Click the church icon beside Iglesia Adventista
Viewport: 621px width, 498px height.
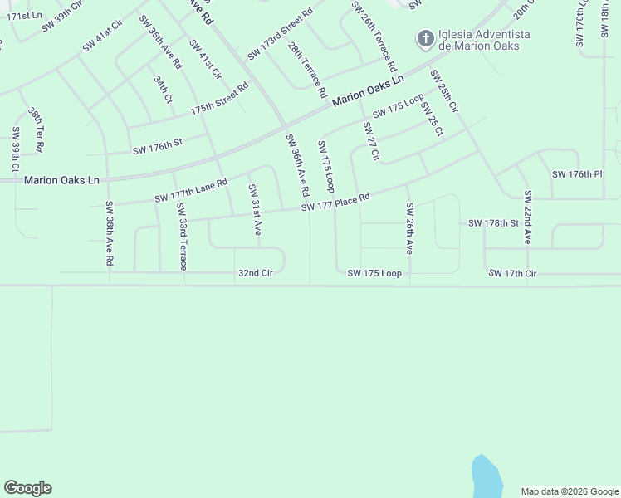[x=425, y=38]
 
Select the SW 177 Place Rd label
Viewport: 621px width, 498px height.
[x=335, y=203]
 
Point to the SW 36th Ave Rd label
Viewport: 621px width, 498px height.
[x=297, y=165]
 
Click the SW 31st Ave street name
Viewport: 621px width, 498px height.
[x=255, y=209]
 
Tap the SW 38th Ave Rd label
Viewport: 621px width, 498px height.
[x=109, y=233]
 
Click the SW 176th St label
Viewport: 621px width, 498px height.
[x=157, y=149]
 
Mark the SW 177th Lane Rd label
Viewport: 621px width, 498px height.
[x=191, y=191]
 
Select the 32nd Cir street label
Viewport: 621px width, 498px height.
[x=255, y=272]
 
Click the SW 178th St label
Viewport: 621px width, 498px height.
[x=493, y=223]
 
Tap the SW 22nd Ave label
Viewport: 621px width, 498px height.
[x=527, y=217]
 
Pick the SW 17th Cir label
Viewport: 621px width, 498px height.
[x=512, y=273]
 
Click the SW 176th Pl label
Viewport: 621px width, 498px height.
[x=576, y=174]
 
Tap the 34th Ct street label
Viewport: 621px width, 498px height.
[x=162, y=89]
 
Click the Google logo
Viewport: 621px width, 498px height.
[x=27, y=488]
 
